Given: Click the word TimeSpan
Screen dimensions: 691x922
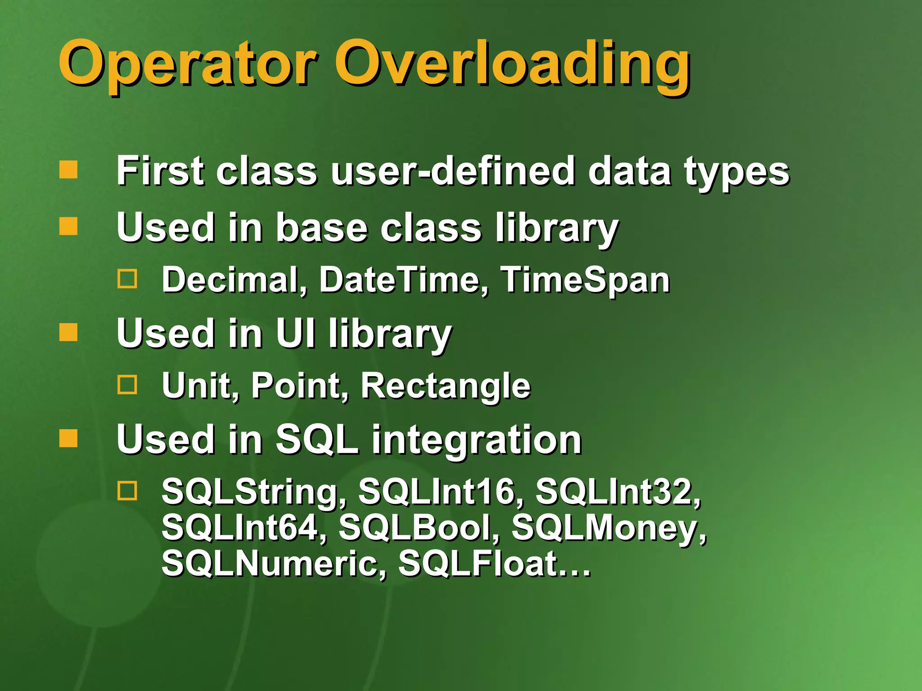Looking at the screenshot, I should pos(585,280).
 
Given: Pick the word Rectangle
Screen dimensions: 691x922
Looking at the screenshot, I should pos(446,386).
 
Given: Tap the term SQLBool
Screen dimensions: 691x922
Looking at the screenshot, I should pos(419,528).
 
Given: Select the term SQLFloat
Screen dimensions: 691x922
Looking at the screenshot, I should pos(479,564).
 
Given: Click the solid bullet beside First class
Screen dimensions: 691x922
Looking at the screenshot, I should pos(68,170).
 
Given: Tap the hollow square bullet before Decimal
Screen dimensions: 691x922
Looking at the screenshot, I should pos(127,279).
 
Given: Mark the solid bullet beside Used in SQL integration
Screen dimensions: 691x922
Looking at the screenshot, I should pos(68,438).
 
